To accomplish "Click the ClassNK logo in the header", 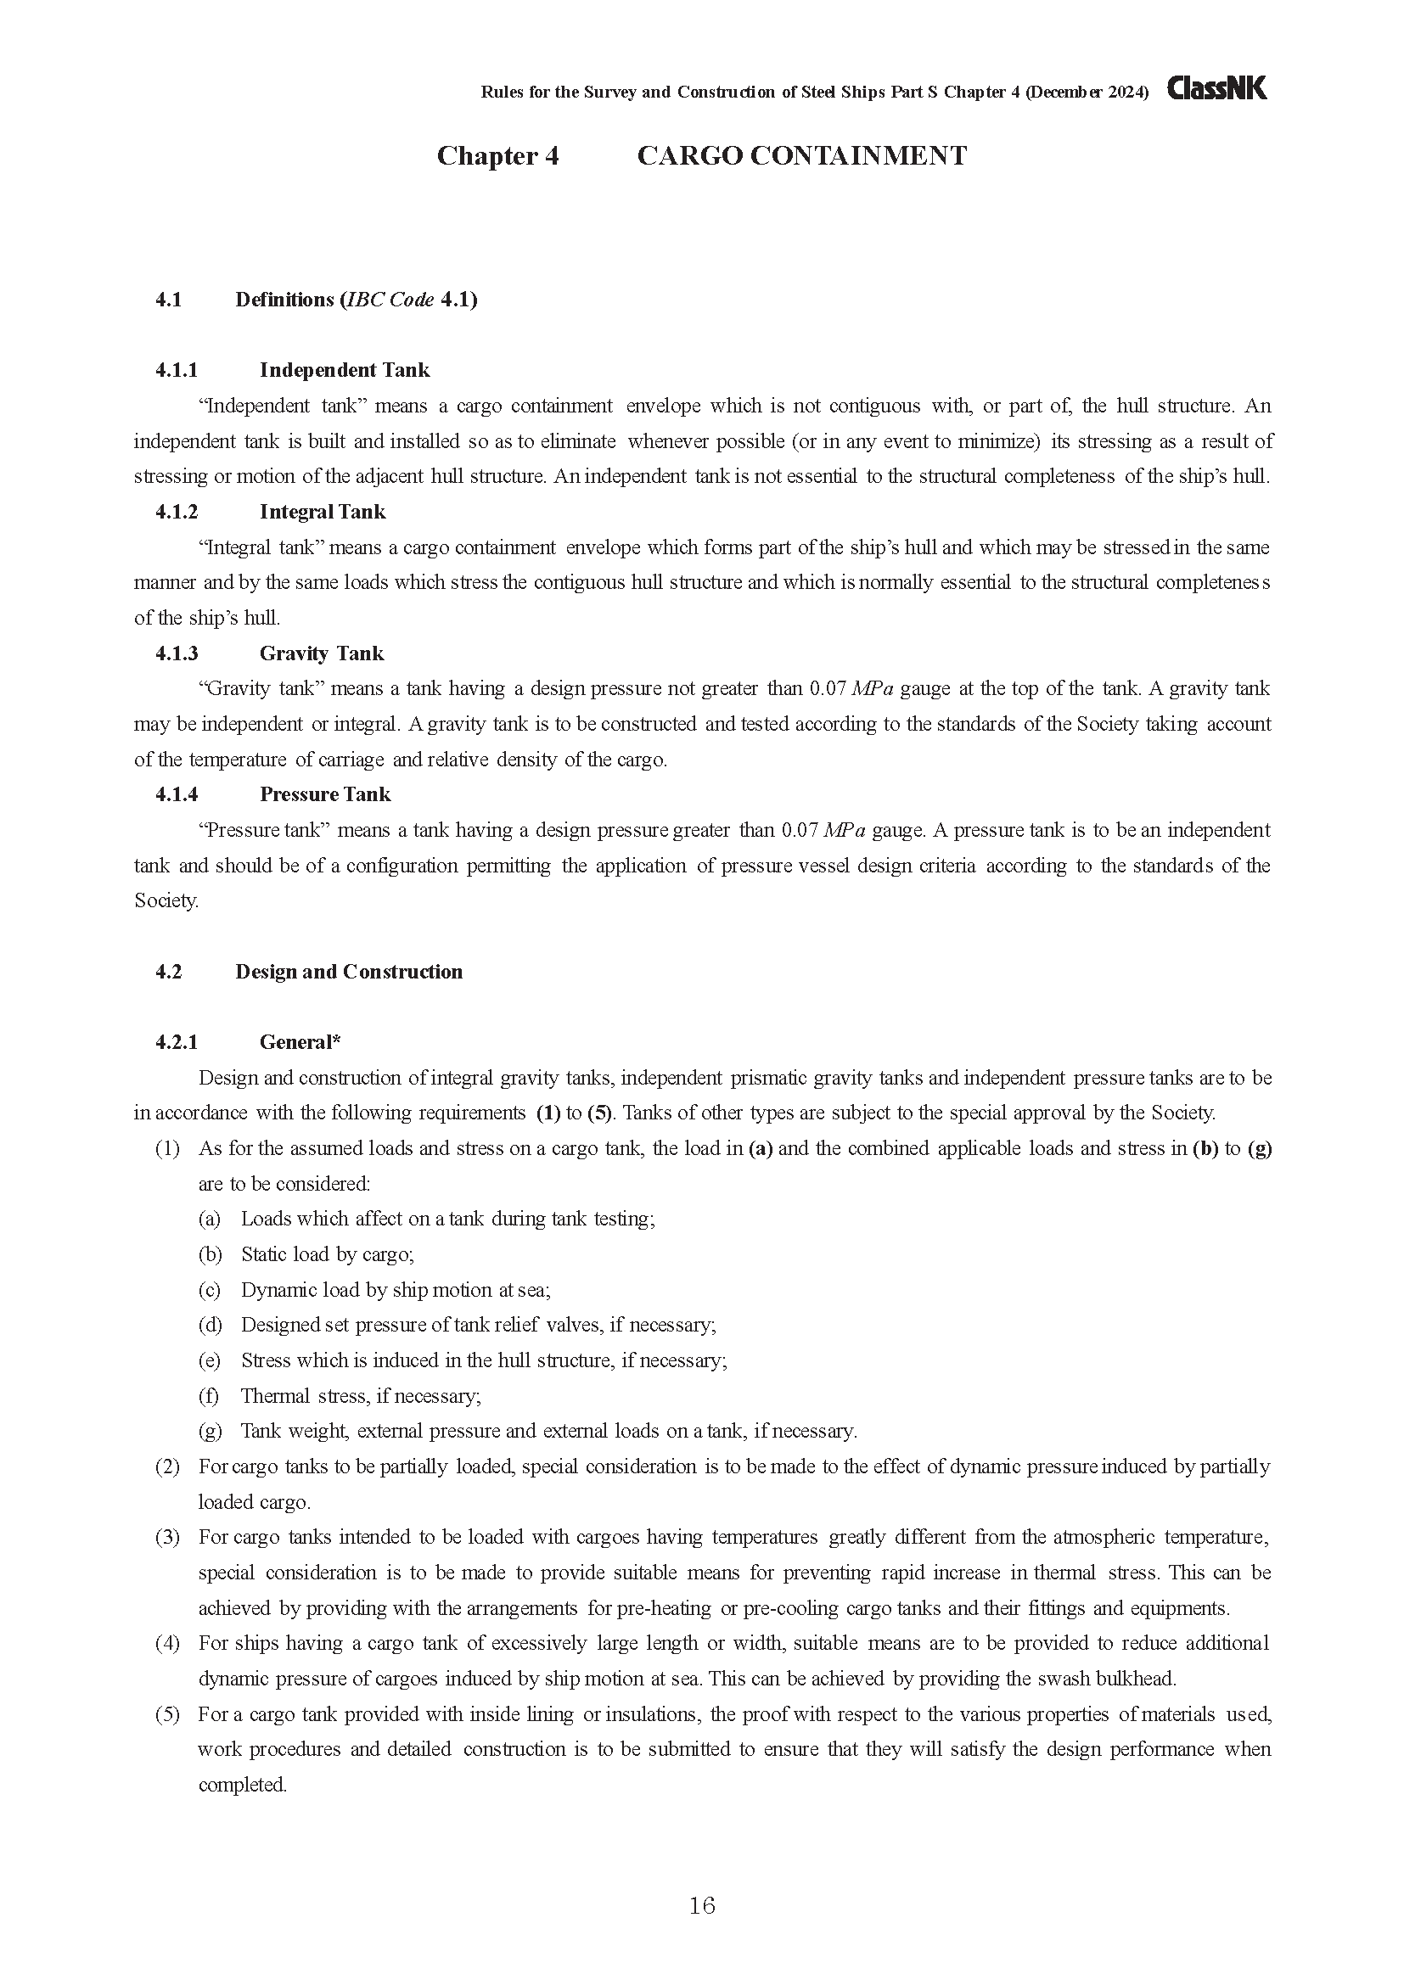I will pos(1216,88).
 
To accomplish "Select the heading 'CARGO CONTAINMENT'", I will pos(801,155).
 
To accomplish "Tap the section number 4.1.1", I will pos(177,370).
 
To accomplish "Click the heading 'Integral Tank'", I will pos(323,512).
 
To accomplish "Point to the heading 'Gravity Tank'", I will pos(322,653).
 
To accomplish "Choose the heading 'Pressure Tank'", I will pos(325,794).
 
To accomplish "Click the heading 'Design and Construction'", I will pos(348,972).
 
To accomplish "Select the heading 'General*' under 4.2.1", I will pos(300,1043).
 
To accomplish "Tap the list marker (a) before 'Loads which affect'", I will pos(209,1219).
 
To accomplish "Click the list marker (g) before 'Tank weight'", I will pos(209,1431).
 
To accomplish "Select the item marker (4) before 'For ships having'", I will pos(167,1644).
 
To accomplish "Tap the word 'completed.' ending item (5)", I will pos(242,1785).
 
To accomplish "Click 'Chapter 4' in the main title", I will pos(497,155).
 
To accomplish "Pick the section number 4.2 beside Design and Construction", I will pos(169,972).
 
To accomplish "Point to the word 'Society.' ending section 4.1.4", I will pos(166,901).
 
